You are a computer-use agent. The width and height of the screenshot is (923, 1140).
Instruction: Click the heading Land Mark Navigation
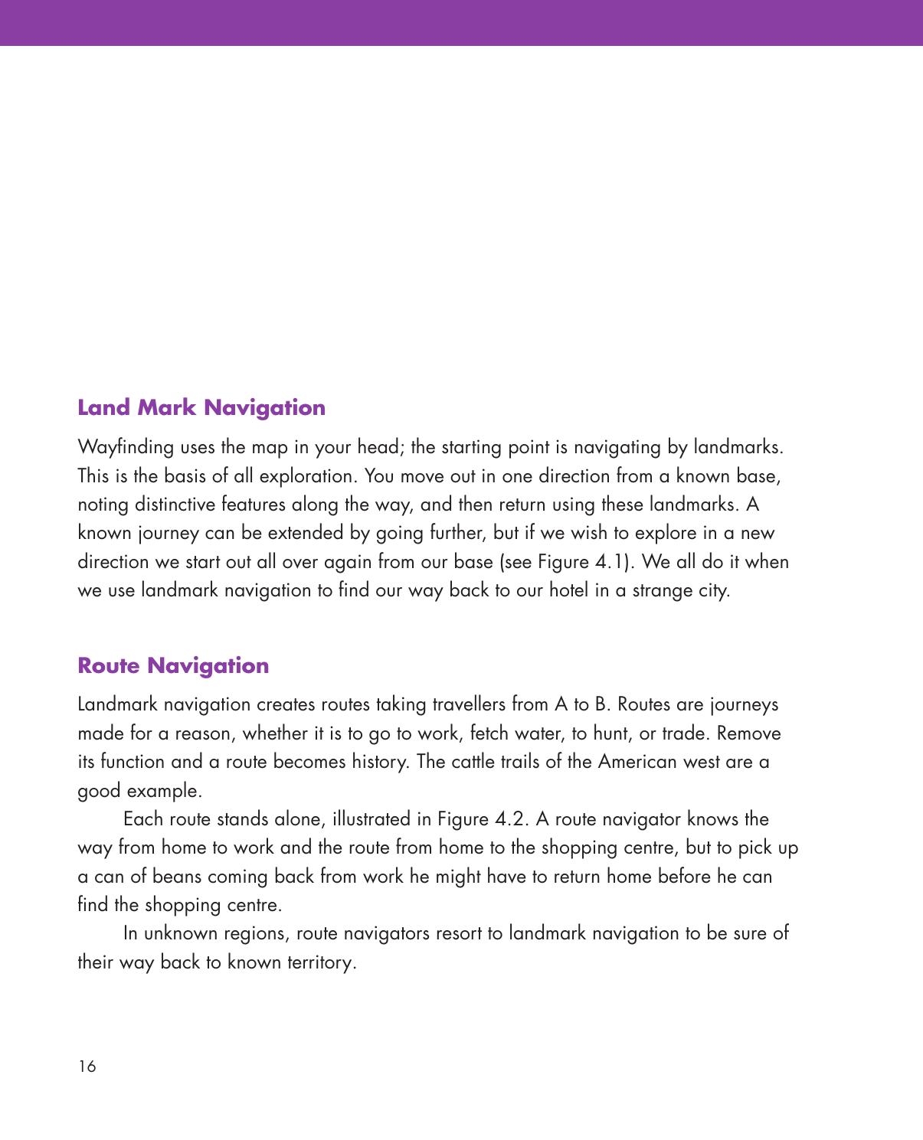tap(201, 407)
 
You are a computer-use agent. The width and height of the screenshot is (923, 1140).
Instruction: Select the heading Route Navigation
tap(173, 665)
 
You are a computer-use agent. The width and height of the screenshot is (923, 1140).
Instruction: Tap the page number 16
tap(87, 1067)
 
